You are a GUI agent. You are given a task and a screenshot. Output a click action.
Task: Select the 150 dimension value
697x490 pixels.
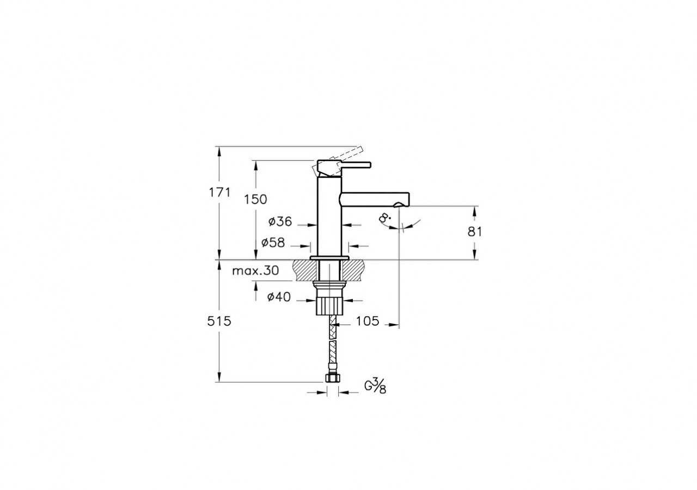point(255,200)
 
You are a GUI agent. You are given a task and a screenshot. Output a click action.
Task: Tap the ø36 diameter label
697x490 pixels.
point(280,222)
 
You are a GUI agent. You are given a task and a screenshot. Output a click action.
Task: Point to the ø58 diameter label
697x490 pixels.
point(273,243)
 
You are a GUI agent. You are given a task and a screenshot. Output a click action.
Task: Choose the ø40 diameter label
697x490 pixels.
point(279,297)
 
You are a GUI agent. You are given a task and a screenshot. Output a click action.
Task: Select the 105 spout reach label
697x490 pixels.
point(367,321)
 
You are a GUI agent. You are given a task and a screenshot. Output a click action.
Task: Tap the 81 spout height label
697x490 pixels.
point(475,231)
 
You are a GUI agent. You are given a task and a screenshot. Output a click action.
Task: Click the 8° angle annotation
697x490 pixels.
point(386,219)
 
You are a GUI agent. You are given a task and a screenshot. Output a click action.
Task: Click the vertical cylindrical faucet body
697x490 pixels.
point(329,218)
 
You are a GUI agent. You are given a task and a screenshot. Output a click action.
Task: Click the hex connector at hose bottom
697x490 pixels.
point(329,378)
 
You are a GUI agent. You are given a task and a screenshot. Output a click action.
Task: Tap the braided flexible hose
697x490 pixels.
point(329,348)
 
